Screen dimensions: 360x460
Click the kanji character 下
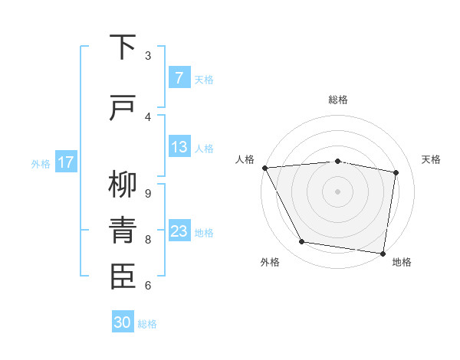(x=123, y=47)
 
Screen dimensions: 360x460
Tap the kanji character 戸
(x=123, y=108)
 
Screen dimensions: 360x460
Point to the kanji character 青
(x=123, y=229)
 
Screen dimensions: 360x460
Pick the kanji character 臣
(x=123, y=276)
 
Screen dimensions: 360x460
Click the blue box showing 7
(x=179, y=78)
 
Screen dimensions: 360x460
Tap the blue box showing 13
(x=179, y=147)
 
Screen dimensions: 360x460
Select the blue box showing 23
(x=179, y=231)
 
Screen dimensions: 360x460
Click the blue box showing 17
(x=66, y=162)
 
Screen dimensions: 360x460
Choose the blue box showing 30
(x=123, y=322)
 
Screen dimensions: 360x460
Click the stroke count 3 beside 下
(x=148, y=55)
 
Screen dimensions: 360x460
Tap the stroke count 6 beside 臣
(x=148, y=285)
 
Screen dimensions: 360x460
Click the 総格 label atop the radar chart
(x=338, y=100)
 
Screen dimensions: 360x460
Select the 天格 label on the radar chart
(x=431, y=159)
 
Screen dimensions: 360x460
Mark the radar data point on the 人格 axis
(x=264, y=168)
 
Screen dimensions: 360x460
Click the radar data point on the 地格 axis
(x=383, y=253)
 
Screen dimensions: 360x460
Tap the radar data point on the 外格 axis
(x=302, y=242)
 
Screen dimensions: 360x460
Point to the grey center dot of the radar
(x=338, y=191)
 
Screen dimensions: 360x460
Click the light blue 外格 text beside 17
(x=41, y=163)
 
